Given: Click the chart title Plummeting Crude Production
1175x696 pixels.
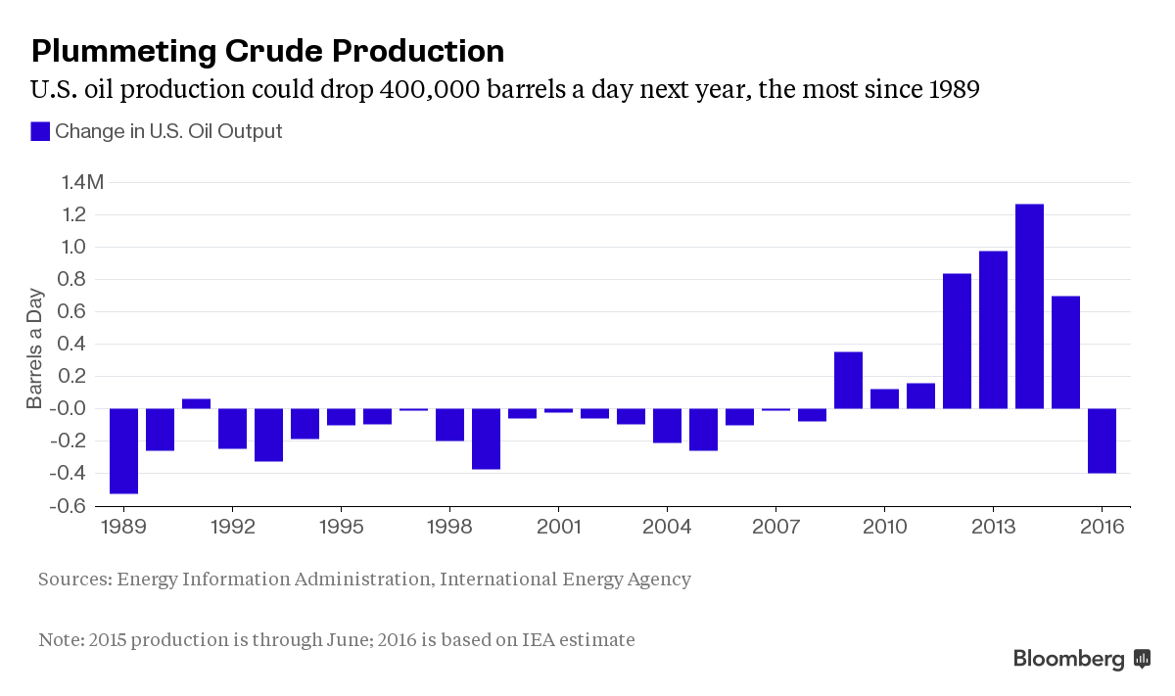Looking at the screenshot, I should point(267,51).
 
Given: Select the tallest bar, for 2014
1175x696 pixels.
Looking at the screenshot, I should point(1029,305).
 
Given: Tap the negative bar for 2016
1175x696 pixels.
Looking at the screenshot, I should point(1102,441).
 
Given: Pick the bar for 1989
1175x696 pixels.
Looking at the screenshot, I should point(123,450).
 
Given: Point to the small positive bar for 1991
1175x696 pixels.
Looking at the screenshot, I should point(196,403).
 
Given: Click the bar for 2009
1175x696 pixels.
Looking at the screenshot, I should point(848,380).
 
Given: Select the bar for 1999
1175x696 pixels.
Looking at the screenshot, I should point(486,439).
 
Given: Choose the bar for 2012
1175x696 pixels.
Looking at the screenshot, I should point(957,341).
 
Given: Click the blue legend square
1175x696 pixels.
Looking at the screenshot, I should point(40,131).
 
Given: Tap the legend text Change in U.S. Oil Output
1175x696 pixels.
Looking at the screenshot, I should point(168,131).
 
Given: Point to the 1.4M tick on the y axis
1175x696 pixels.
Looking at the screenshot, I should point(80,183).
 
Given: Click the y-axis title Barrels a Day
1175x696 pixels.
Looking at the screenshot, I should point(35,348).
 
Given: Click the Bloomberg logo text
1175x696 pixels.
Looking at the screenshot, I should point(1069,659).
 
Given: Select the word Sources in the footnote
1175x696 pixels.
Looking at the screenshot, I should point(72,579).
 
